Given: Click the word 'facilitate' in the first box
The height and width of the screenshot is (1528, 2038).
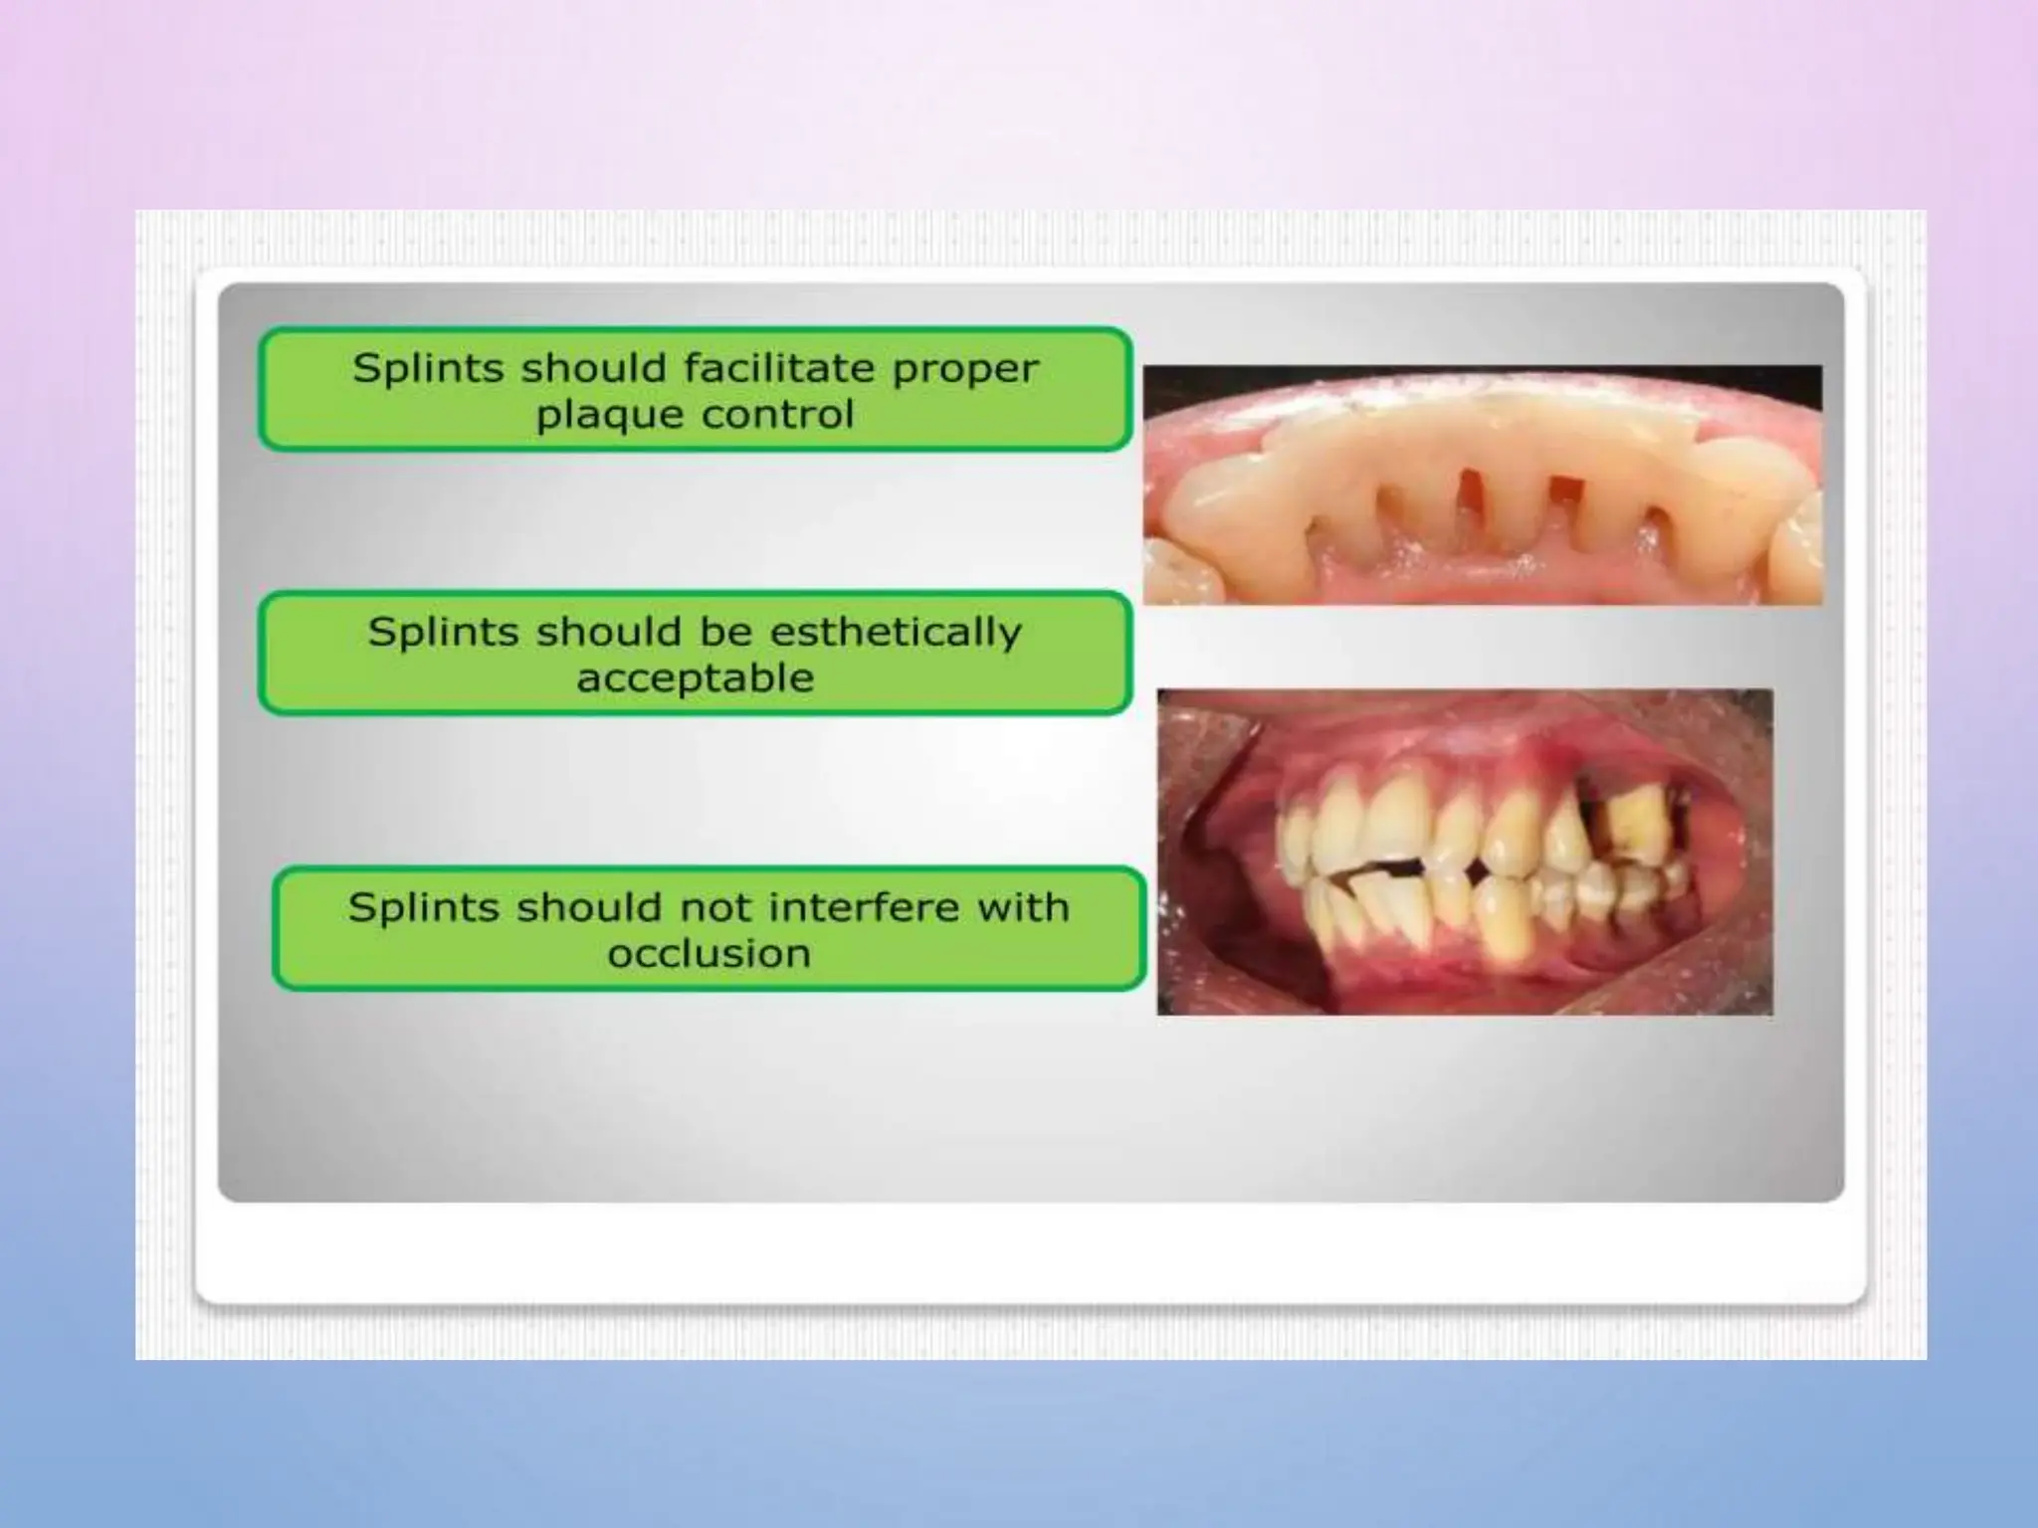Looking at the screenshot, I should click(778, 368).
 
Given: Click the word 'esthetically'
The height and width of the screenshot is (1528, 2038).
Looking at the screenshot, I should click(895, 633).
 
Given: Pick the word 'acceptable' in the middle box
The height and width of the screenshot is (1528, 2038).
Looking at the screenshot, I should click(696, 678).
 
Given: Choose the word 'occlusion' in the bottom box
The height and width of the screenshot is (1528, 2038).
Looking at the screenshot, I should click(709, 954).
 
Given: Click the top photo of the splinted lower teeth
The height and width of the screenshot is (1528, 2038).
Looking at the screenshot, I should click(1482, 484).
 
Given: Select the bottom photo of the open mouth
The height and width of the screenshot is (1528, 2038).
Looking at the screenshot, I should click(1464, 852).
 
